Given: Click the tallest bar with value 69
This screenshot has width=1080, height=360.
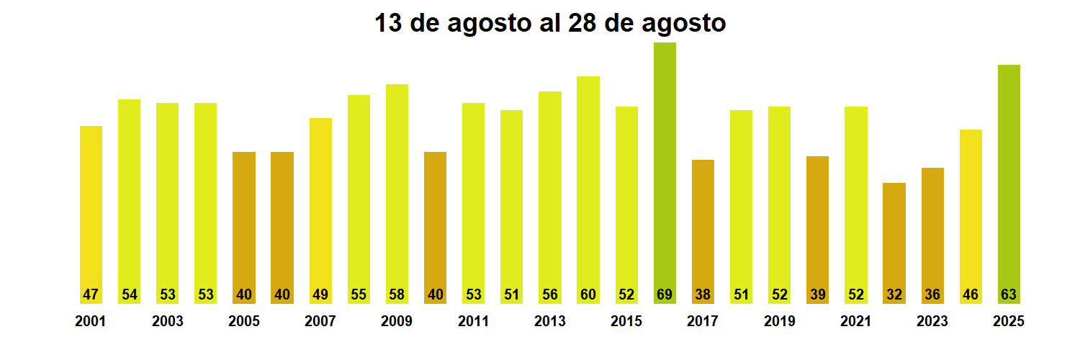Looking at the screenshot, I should pos(665,173).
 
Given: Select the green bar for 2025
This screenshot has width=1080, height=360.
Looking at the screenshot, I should pos(1009,184).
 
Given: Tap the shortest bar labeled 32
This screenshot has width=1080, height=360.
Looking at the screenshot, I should pos(894,243).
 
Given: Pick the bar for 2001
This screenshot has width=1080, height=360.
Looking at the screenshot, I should pos(91,215).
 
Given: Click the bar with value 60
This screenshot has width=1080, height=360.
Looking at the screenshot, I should pos(588,189).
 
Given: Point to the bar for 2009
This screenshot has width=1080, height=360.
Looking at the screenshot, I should pos(397,194).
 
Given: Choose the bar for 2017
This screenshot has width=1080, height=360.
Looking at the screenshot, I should pos(703,231).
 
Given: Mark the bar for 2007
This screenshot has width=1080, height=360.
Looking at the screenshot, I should pos(320,210).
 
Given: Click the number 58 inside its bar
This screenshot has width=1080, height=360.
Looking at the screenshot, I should pos(397,294).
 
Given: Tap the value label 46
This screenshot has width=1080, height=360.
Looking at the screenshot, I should pos(971,294).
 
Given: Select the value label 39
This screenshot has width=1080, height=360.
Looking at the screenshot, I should pos(817,294).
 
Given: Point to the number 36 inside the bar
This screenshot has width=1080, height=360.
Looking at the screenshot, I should pos(932,294).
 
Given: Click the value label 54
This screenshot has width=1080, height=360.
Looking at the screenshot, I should pos(130,294).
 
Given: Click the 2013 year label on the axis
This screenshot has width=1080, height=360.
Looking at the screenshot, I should pos(550,321).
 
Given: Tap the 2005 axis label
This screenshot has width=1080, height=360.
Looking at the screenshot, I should pos(244,321).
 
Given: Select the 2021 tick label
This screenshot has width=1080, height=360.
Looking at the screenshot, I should pos(856,321).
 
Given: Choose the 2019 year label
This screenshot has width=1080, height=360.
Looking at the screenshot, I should pos(780,321).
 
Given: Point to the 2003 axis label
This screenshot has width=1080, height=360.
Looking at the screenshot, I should pos(168,321).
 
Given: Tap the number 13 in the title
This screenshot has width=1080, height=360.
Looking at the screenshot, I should pos(389,23).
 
